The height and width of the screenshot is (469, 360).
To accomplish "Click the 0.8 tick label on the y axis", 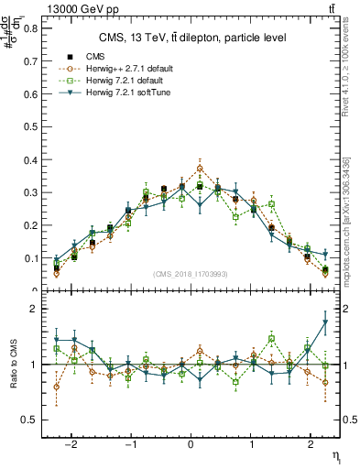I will [x=30, y=27].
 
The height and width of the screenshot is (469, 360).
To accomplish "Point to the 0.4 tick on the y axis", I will [x=30, y=160].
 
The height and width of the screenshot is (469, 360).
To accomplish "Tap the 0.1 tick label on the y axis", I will [x=30, y=259].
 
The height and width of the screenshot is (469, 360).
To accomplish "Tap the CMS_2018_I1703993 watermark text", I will [x=191, y=273].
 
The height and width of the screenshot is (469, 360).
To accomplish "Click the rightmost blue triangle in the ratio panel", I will [x=325, y=322].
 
